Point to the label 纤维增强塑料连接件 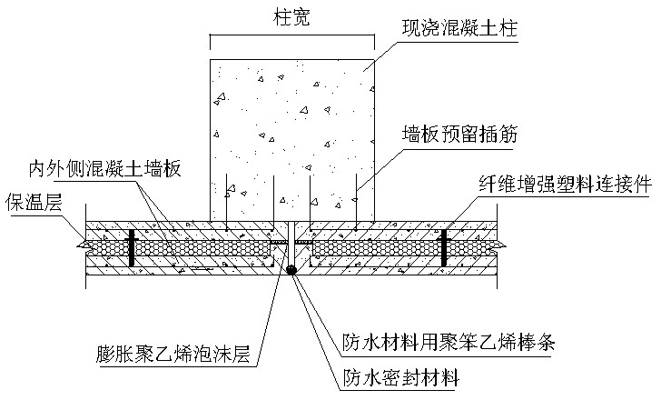pyautogui.click(x=565, y=183)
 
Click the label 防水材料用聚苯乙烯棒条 pyautogui.click(x=448, y=344)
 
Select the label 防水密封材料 pyautogui.click(x=400, y=377)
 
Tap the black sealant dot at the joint pyautogui.click(x=291, y=270)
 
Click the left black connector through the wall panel pyautogui.click(x=132, y=246)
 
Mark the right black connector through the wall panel pyautogui.click(x=444, y=246)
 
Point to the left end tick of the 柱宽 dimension pyautogui.click(x=211, y=40)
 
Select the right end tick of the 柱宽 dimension pyautogui.click(x=373, y=40)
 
